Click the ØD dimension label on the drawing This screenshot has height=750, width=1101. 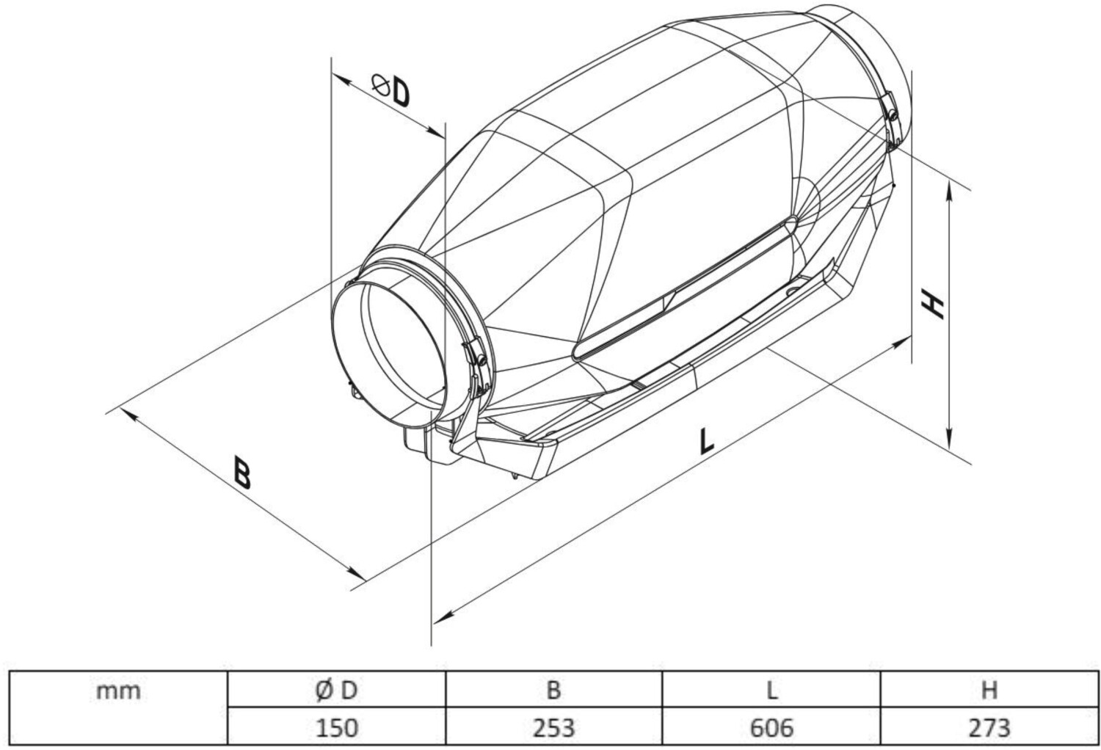click(390, 90)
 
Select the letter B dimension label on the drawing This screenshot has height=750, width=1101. click(242, 473)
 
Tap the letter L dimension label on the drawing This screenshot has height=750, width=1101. click(706, 441)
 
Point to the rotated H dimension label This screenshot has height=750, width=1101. click(932, 304)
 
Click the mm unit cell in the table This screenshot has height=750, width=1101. click(118, 691)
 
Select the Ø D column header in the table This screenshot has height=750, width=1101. click(336, 691)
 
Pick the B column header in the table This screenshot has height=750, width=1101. click(553, 691)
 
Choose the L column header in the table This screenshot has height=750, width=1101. click(772, 691)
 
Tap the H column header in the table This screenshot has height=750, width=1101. click(989, 691)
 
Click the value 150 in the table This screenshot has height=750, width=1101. click(337, 728)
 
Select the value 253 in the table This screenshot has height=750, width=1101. click(553, 728)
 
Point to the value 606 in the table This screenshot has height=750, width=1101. click(771, 728)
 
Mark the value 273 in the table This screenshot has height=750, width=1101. click(989, 728)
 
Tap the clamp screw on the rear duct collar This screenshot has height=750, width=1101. click(893, 116)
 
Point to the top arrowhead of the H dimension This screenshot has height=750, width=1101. click(949, 190)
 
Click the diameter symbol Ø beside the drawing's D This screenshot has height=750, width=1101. click(381, 85)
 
